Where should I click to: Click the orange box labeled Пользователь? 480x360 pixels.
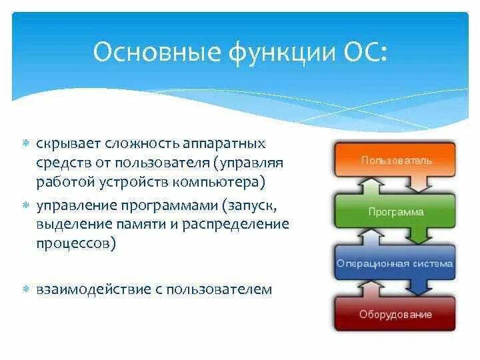(395, 160)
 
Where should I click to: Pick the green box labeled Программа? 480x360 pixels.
(395, 212)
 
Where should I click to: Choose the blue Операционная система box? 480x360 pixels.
(395, 263)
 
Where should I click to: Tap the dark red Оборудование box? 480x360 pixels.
(395, 314)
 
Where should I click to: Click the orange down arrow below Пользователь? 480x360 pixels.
(419, 185)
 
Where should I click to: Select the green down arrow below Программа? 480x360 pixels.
(419, 236)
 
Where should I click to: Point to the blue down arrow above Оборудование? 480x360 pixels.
(419, 287)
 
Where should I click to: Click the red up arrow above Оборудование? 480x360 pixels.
(371, 289)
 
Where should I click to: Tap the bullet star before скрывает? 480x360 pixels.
(26, 143)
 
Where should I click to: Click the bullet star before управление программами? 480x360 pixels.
(26, 205)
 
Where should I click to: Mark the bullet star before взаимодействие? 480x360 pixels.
(26, 289)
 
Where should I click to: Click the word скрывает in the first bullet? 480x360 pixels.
(68, 144)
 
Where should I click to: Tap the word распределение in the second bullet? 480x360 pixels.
(236, 225)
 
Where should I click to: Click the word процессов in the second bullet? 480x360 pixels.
(73, 244)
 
